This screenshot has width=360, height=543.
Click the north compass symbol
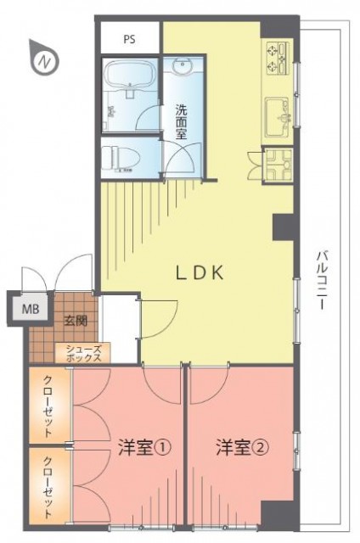44,59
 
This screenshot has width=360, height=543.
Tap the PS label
130,40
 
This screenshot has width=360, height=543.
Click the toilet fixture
122,158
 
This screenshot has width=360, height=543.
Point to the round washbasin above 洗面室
183,67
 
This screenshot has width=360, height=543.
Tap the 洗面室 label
181,121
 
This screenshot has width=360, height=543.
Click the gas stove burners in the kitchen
278,58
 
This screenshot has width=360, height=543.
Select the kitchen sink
277,117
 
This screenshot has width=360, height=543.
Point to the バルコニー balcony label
320,281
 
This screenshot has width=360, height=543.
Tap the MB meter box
31,309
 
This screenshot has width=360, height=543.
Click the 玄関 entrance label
75,322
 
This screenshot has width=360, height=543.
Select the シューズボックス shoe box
83,353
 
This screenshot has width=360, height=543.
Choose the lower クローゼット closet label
48,488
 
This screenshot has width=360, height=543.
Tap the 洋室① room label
144,448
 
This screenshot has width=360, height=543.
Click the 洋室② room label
243,448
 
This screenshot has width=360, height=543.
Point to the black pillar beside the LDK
283,227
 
